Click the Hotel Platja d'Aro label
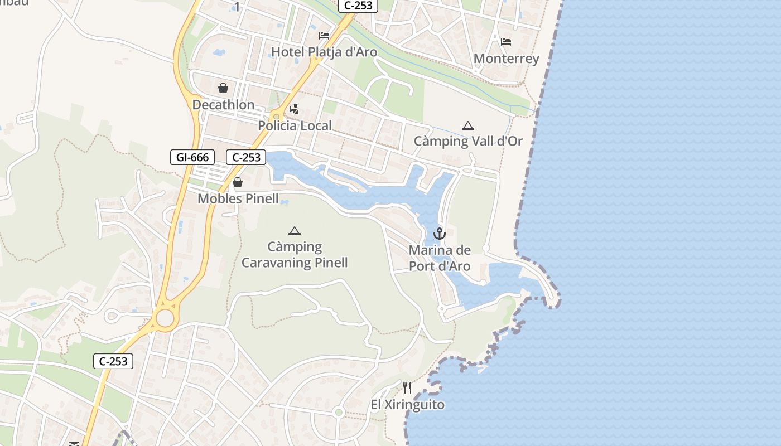(324, 52)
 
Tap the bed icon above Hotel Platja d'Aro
(324, 36)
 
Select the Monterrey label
(506, 59)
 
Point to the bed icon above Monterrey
(506, 42)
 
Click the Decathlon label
(223, 105)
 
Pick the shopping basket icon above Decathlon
(223, 88)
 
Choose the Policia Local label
(295, 125)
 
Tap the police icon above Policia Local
(295, 109)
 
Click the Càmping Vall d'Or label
(468, 141)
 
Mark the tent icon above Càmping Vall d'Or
(468, 125)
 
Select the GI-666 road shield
(192, 157)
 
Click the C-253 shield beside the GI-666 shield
(246, 157)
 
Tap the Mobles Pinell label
(238, 198)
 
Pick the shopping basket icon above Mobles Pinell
(238, 182)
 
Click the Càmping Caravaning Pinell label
(295, 255)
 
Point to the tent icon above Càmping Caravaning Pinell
(295, 231)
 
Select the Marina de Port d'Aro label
(440, 258)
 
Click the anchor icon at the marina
(440, 234)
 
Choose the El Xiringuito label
(408, 405)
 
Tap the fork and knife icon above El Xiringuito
(408, 388)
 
